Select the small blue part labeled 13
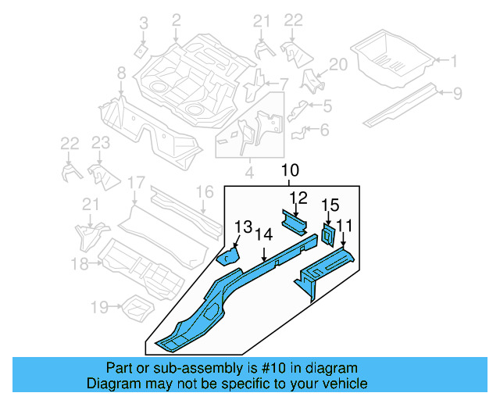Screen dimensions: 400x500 click(227, 256)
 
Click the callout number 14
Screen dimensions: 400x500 click(264, 232)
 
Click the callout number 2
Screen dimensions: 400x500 click(176, 19)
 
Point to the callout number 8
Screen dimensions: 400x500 click(121, 73)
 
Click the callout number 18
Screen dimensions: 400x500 click(80, 264)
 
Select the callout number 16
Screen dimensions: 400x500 click(204, 191)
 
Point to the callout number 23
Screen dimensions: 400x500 click(100, 142)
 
